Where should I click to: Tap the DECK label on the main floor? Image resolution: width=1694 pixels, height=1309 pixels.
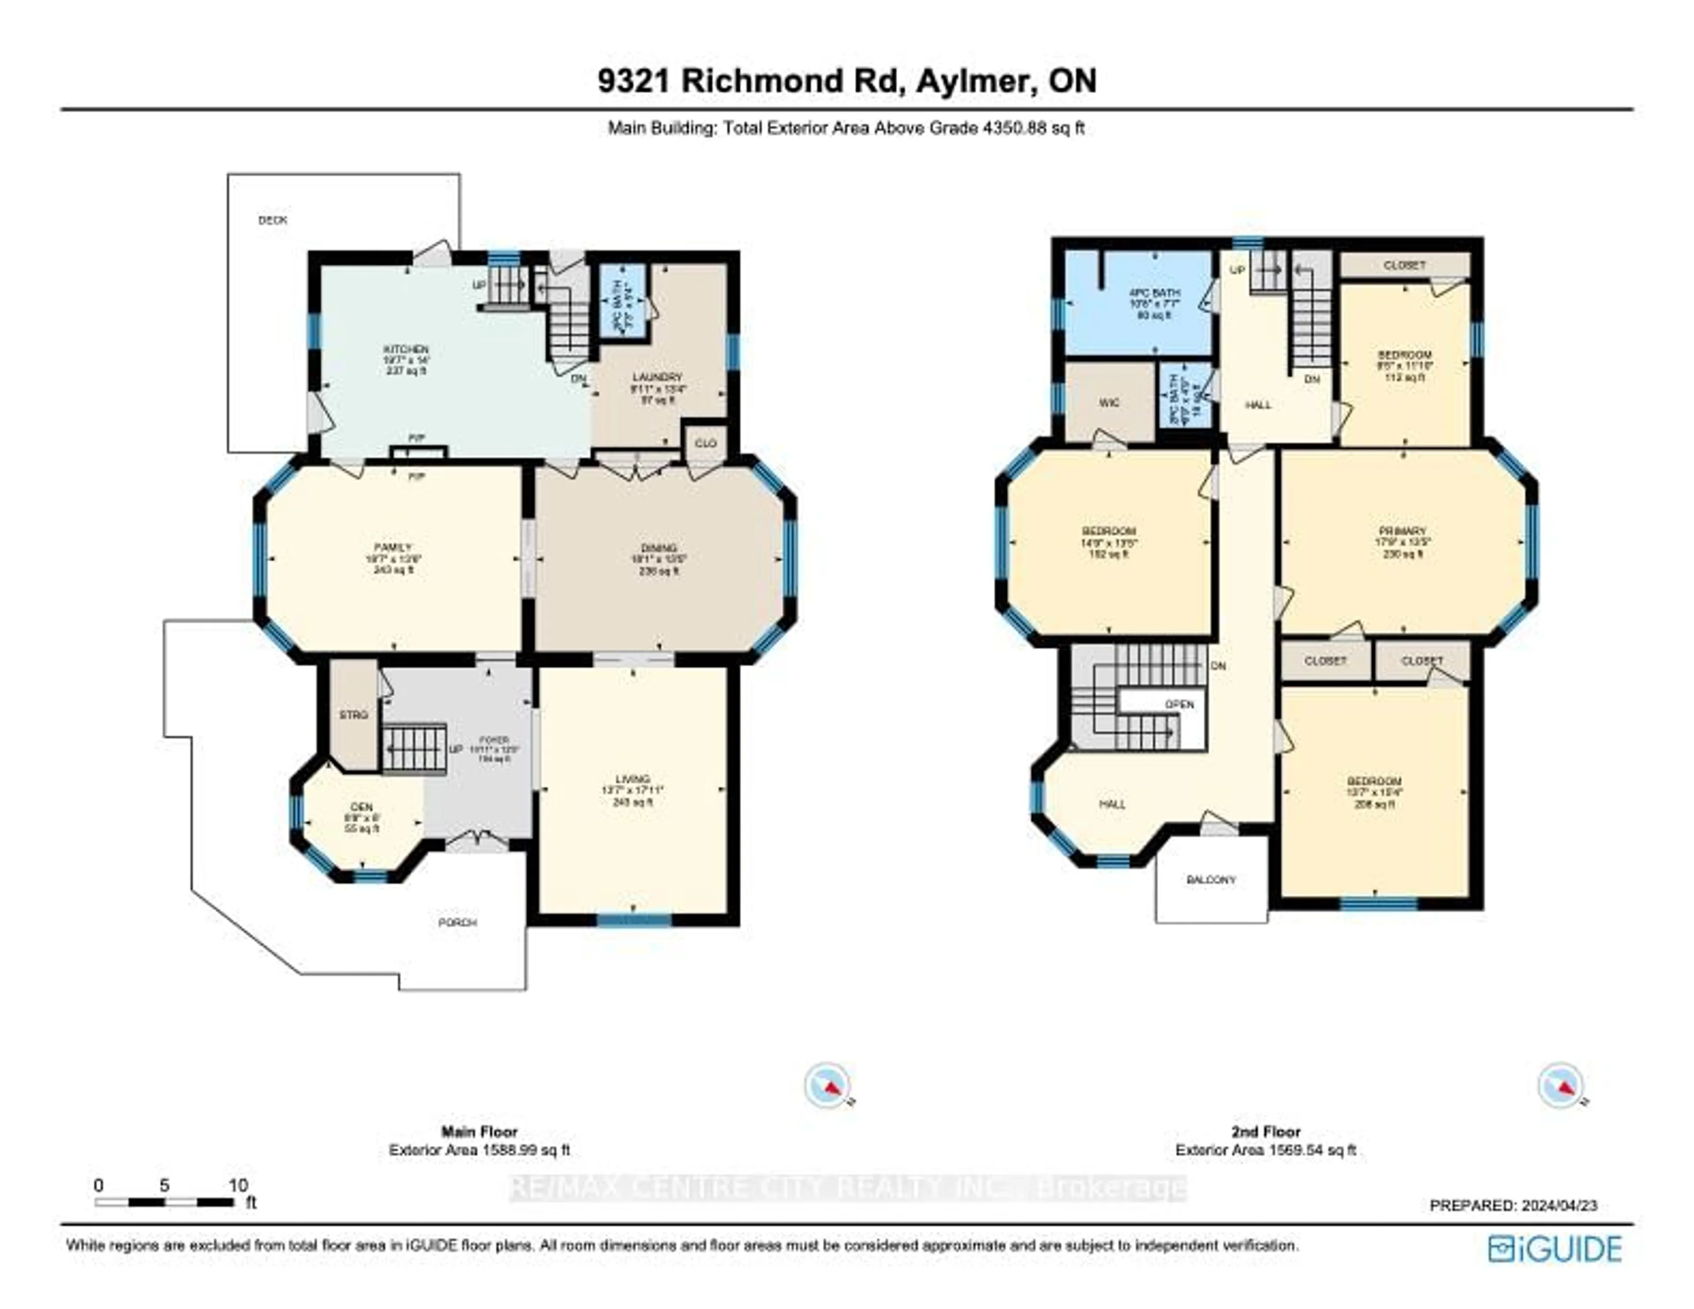coord(272,220)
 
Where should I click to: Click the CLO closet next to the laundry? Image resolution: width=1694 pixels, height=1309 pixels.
coord(705,443)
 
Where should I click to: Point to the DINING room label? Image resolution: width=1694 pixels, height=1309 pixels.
coord(659,548)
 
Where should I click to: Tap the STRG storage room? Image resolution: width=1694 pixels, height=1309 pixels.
coord(354,715)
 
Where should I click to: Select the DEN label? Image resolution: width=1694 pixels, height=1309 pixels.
coord(361,807)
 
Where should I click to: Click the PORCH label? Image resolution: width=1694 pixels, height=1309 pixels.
coord(457,923)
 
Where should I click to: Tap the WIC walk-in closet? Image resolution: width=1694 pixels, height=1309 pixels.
coord(1109,404)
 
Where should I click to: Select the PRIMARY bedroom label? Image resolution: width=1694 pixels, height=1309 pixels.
coord(1402,532)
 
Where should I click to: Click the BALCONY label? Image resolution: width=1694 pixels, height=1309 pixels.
coord(1211,880)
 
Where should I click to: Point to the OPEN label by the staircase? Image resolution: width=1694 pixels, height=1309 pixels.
coord(1179,705)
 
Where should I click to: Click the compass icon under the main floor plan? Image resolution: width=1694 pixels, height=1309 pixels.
coord(827,1085)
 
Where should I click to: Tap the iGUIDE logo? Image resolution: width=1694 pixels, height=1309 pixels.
coord(1555,1249)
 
